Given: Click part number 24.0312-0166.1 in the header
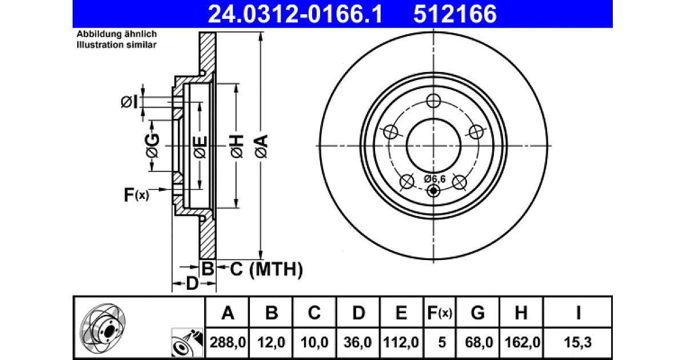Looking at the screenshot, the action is pos(295,14).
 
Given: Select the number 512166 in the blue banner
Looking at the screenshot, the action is pos(455,14).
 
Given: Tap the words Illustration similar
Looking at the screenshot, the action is pos(117,45).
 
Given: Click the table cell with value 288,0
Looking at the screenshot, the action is pos(228,342).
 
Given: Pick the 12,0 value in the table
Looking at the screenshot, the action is pos(272,342).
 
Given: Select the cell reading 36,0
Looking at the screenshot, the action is pos(358,342).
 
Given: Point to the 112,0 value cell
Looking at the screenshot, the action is pos(401,342).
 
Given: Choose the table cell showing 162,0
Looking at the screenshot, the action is pos(522,342).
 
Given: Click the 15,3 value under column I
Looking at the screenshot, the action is pos(577,342).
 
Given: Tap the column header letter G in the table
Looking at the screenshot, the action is pos(478,313).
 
